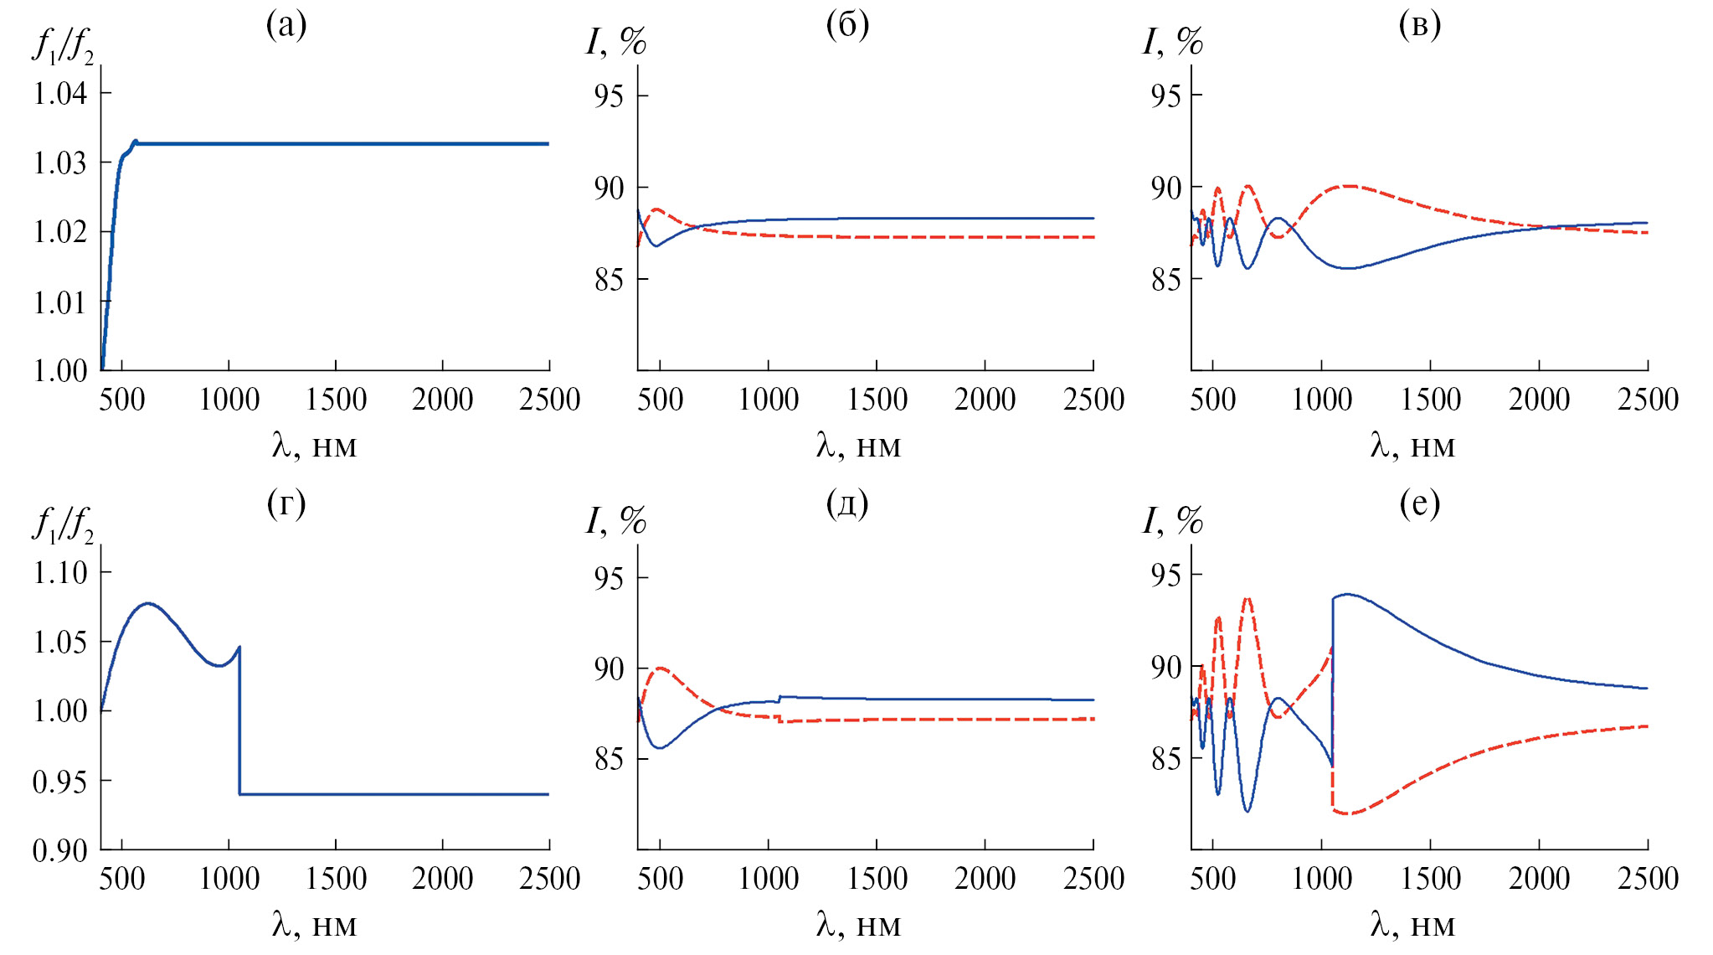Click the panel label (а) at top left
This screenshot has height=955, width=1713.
click(286, 26)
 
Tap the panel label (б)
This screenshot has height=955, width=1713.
click(847, 26)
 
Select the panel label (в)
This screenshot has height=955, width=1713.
click(1419, 26)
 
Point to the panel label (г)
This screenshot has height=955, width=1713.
click(286, 504)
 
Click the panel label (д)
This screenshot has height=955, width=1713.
click(847, 504)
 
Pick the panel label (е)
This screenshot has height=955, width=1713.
click(1419, 504)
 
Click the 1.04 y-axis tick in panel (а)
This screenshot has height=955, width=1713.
click(60, 93)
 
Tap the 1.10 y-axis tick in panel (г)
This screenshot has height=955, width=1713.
click(60, 573)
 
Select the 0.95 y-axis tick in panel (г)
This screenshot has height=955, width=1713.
click(60, 782)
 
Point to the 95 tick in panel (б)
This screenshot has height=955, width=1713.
click(609, 96)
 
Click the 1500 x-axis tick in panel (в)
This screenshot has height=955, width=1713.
click(1430, 400)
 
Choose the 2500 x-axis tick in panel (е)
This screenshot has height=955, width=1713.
click(1648, 879)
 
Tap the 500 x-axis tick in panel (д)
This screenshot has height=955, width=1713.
click(660, 879)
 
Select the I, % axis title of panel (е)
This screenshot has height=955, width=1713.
click(1173, 521)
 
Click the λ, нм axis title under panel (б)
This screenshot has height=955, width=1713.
click(858, 446)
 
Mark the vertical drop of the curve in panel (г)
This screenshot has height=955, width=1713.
click(240, 720)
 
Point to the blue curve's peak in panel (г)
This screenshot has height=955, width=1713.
click(148, 603)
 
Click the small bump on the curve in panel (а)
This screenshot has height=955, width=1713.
click(135, 142)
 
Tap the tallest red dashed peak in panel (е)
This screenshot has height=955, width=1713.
click(1247, 599)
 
